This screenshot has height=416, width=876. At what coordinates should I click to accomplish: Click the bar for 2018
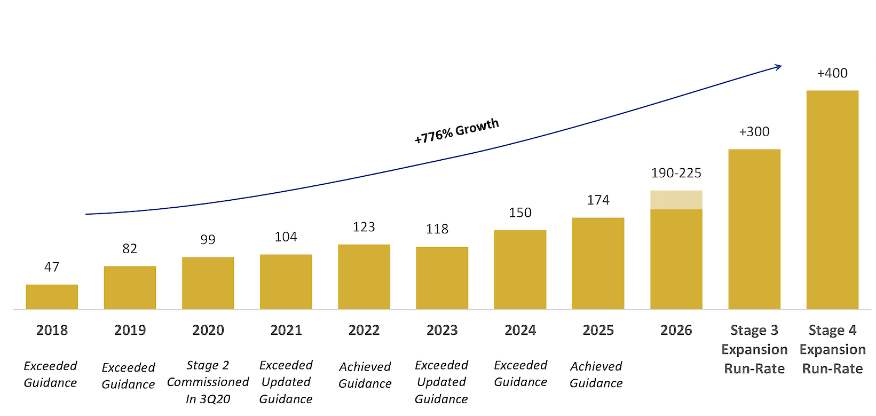coord(52,297)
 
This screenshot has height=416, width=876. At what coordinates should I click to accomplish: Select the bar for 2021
coord(286,282)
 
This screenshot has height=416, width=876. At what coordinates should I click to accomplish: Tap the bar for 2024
coord(520,270)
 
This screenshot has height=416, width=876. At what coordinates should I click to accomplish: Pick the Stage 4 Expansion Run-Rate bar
coord(832,200)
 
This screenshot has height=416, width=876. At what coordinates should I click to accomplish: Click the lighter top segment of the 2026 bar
coord(676,200)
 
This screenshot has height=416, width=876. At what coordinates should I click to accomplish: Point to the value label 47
coord(52,267)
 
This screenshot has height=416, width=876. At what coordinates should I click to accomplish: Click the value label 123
coord(364,227)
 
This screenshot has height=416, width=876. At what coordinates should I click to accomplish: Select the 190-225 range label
coord(676,173)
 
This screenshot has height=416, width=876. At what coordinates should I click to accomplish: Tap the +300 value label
coord(754,132)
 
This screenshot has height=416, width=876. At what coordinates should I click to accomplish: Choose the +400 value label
coord(832,73)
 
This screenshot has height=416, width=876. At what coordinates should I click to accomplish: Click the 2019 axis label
coord(130,330)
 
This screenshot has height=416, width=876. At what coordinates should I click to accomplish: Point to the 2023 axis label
coord(442,330)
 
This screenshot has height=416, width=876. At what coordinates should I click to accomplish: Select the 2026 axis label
coord(676,330)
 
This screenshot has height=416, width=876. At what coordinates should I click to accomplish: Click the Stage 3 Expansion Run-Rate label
coord(754,349)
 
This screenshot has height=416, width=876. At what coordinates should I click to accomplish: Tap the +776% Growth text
coord(457,131)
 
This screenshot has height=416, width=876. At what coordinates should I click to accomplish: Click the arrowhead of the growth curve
coord(779,67)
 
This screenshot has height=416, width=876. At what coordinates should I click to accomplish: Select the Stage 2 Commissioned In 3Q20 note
coord(208,382)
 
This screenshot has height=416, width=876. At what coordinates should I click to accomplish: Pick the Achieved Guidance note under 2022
coord(365,375)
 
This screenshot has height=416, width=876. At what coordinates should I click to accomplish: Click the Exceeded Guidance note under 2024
coord(520,373)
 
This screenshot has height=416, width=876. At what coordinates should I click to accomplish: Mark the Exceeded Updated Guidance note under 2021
coord(286,382)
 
